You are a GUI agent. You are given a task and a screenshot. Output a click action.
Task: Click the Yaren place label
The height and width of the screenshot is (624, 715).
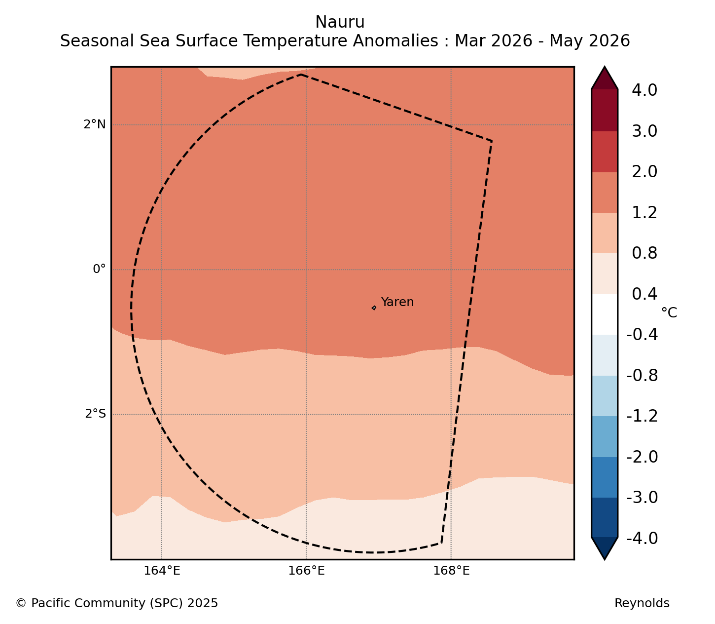[397, 302]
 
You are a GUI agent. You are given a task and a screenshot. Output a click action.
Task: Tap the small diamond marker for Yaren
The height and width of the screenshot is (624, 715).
[374, 308]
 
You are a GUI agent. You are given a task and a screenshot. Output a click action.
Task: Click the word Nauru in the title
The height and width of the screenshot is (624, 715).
[340, 22]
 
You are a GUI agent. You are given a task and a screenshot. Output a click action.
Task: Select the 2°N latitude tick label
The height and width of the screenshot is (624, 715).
[94, 124]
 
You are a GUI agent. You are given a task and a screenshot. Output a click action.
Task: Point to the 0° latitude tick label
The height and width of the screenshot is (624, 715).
[99, 269]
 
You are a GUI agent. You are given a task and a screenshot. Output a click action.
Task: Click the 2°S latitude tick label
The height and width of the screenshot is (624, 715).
[95, 414]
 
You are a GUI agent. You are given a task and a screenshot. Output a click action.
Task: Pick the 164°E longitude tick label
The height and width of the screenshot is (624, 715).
[162, 571]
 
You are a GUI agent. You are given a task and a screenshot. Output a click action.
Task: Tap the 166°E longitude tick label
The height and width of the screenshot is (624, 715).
[306, 571]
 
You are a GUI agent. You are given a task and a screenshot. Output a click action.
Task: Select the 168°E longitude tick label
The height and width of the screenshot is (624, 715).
[451, 571]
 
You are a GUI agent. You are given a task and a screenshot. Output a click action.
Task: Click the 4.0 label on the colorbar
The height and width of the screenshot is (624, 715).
[644, 90]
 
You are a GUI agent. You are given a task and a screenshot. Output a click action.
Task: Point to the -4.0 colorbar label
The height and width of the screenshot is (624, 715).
[643, 538]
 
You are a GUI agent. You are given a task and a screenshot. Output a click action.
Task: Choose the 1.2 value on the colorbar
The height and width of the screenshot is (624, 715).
[644, 213]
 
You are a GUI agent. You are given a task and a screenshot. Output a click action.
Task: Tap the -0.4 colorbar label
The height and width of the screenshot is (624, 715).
[643, 335]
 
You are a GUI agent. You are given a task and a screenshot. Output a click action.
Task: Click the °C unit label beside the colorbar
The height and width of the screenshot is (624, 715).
[669, 312]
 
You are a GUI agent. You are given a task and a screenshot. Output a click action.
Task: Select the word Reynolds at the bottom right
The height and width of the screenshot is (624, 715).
[642, 603]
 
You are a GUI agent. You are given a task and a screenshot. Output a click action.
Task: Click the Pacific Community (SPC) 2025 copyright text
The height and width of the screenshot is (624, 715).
[117, 603]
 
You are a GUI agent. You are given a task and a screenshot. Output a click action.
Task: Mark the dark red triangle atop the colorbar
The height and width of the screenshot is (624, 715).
[605, 78]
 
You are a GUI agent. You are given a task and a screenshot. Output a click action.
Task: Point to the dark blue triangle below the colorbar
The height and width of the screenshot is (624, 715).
[605, 548]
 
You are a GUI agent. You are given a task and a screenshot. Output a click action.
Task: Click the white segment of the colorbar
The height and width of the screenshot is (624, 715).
[605, 314]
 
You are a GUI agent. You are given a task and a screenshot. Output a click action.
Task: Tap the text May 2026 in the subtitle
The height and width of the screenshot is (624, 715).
[590, 41]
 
